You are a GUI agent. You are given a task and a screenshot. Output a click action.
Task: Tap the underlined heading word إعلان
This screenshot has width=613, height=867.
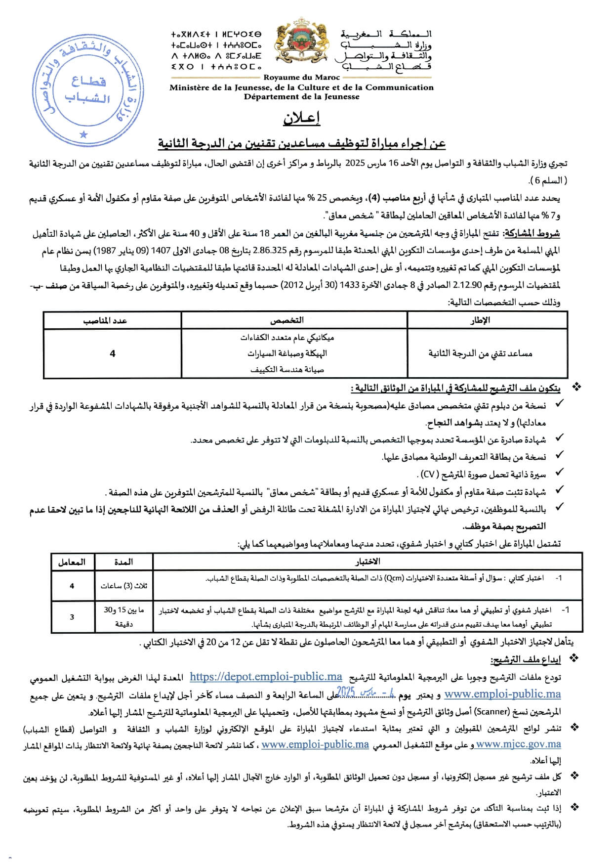(x=301, y=119)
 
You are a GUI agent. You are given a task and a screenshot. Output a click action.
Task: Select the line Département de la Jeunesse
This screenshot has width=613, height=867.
(x=301, y=97)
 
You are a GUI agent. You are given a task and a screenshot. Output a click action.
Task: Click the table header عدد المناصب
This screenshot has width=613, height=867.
(x=105, y=321)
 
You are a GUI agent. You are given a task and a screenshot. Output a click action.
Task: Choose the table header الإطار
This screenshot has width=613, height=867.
(x=480, y=320)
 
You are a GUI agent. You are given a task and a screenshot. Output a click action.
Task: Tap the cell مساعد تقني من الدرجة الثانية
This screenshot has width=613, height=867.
(x=480, y=353)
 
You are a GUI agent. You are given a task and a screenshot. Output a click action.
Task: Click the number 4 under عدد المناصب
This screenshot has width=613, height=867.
(x=113, y=353)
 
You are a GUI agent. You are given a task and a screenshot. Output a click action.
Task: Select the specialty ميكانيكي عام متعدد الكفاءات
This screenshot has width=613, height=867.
(x=287, y=338)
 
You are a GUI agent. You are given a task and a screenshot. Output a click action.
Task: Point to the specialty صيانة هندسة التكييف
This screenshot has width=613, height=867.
(x=287, y=369)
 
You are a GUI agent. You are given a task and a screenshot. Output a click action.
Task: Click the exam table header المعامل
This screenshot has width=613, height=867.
(x=72, y=562)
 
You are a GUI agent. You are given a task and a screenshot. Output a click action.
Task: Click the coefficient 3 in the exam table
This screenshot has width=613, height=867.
(x=72, y=616)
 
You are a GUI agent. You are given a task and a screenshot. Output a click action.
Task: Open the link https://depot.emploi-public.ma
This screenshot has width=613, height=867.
(x=266, y=677)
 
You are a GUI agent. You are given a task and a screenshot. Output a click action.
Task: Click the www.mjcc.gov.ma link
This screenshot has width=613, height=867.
(x=518, y=744)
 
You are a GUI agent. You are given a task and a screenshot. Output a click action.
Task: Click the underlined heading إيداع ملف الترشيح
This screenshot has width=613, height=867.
(x=526, y=659)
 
